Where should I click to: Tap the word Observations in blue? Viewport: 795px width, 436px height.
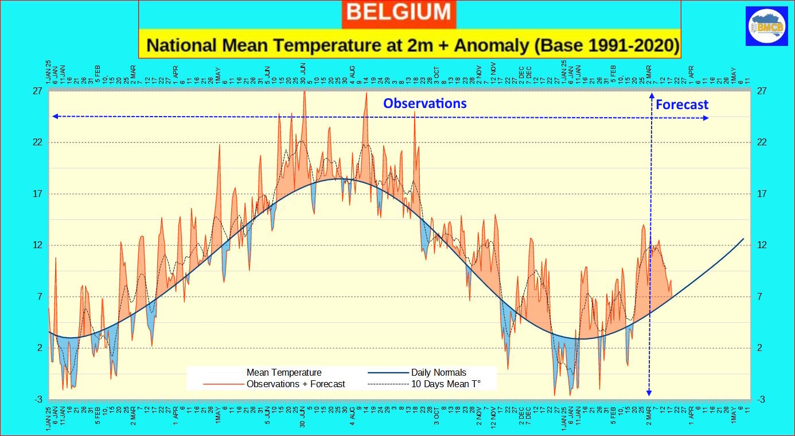(424, 103)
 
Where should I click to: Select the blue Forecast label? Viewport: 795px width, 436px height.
(681, 105)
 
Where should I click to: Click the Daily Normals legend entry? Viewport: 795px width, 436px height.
(438, 372)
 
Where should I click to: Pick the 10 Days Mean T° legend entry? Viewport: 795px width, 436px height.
(445, 384)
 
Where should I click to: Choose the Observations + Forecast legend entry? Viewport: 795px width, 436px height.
(295, 384)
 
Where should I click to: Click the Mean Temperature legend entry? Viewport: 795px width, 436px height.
(284, 372)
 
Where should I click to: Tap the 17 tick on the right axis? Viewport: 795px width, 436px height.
(762, 194)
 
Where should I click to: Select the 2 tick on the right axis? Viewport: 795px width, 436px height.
(759, 348)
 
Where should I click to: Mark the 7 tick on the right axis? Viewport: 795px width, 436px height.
(759, 296)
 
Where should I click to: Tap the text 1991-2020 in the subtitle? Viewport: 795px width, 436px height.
(630, 45)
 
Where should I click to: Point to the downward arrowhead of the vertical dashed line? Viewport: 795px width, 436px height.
(649, 393)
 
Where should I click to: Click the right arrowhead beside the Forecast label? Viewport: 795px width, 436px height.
(706, 118)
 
